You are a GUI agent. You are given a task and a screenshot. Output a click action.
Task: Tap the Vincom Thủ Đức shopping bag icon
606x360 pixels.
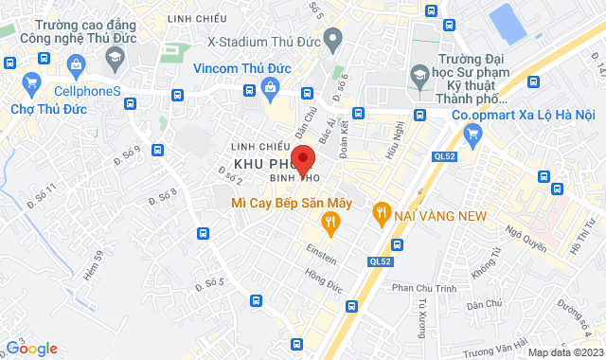pyautogui.click(x=271, y=89)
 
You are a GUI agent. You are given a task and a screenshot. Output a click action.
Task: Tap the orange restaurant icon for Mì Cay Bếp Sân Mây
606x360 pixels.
pyautogui.click(x=330, y=224)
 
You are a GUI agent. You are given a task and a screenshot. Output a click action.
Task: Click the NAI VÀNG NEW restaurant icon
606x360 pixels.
pyautogui.click(x=381, y=215)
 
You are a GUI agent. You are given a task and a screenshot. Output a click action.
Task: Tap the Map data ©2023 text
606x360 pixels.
pyautogui.click(x=565, y=352)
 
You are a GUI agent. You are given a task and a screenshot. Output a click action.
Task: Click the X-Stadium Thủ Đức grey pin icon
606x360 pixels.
pyautogui.click(x=331, y=40)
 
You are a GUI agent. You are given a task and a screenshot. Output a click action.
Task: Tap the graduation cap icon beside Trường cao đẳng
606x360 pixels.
pyautogui.click(x=116, y=58)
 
